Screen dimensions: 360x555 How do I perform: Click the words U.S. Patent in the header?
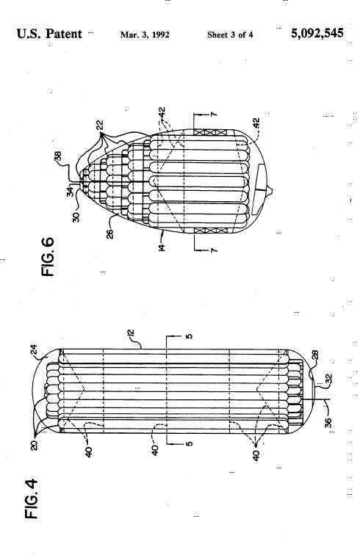pyautogui.click(x=49, y=34)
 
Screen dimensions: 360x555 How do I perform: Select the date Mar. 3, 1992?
pyautogui.click(x=145, y=35)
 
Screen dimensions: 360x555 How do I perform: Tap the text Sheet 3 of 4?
pyautogui.click(x=230, y=35)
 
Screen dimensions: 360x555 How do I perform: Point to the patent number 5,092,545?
pyautogui.click(x=317, y=33)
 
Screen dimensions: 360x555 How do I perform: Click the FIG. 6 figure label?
pyautogui.click(x=48, y=256)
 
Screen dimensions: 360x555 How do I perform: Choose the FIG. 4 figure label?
pyautogui.click(x=32, y=498)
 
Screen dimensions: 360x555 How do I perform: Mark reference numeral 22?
pyautogui.click(x=100, y=126)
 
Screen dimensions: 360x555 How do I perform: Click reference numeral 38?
pyautogui.click(x=58, y=156)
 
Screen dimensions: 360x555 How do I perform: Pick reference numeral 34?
pyautogui.click(x=71, y=192)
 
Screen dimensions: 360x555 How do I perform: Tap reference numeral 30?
pyautogui.click(x=76, y=217)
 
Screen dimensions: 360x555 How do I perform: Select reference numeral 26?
pyautogui.click(x=110, y=234)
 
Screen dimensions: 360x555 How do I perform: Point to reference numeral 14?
pyautogui.click(x=162, y=247)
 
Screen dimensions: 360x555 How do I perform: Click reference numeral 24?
pyautogui.click(x=36, y=354)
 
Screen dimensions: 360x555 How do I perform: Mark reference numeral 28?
pyautogui.click(x=315, y=355)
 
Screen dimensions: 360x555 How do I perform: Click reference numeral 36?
pyautogui.click(x=328, y=423)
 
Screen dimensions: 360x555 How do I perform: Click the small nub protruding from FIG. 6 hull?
pyautogui.click(x=270, y=191)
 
